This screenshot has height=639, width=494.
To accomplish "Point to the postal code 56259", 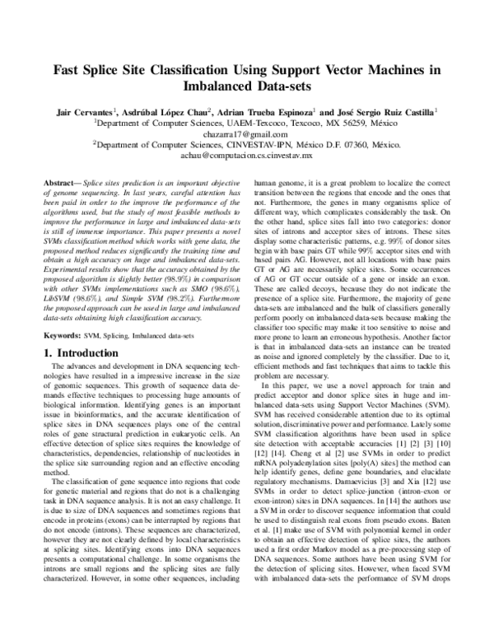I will tap(345, 122).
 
